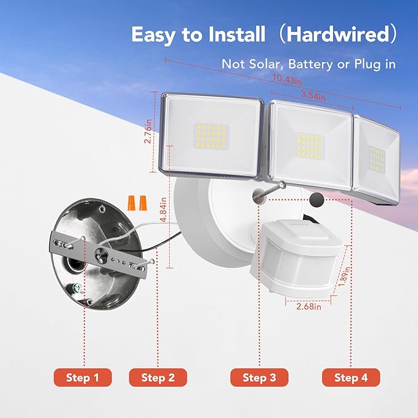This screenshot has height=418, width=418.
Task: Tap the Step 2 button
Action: click(158, 377)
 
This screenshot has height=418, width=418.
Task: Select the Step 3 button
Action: click(259, 377)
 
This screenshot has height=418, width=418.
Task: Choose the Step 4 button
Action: click(351, 377)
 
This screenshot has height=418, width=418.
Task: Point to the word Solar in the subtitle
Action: click(267, 63)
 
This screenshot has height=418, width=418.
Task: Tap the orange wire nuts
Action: click(137, 201)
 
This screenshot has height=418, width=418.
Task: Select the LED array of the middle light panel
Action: click(310, 145)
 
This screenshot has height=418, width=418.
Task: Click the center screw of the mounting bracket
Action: click(100, 254)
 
